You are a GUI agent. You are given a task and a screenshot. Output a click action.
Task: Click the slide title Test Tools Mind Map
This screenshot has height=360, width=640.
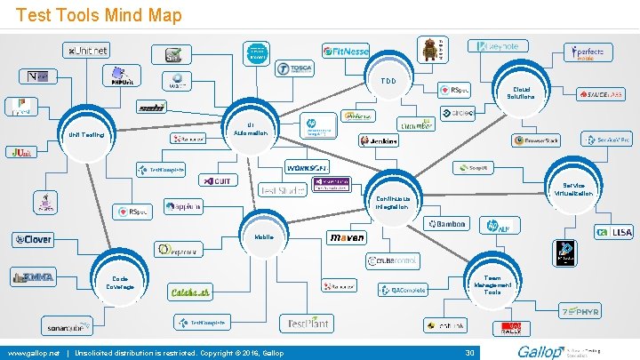pos(99,15)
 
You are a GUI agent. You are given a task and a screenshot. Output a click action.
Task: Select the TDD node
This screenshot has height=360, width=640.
pos(388,81)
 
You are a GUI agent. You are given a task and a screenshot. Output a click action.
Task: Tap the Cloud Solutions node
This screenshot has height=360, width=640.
pos(521,92)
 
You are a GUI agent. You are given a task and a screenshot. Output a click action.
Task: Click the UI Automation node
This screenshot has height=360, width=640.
pos(251,129)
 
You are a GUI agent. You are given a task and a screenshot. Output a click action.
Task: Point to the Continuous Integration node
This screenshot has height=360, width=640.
pos(392,202)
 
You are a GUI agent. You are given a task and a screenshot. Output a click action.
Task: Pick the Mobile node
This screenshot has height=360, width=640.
pos(264,237)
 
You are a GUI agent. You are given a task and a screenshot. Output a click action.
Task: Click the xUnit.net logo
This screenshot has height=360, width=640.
pos(87,50)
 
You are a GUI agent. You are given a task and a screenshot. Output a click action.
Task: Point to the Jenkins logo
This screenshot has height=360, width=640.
pos(379,140)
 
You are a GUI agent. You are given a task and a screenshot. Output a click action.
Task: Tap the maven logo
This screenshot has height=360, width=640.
pos(347,238)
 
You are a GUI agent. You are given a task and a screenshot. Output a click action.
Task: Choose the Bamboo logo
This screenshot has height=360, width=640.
pos(445,224)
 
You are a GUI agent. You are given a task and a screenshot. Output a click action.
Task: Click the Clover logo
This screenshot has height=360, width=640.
pos(32,239)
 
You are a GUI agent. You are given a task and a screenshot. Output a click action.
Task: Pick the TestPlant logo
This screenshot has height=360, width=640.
pos(306,324)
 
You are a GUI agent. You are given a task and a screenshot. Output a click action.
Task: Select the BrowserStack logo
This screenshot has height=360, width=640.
pos(536,140)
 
